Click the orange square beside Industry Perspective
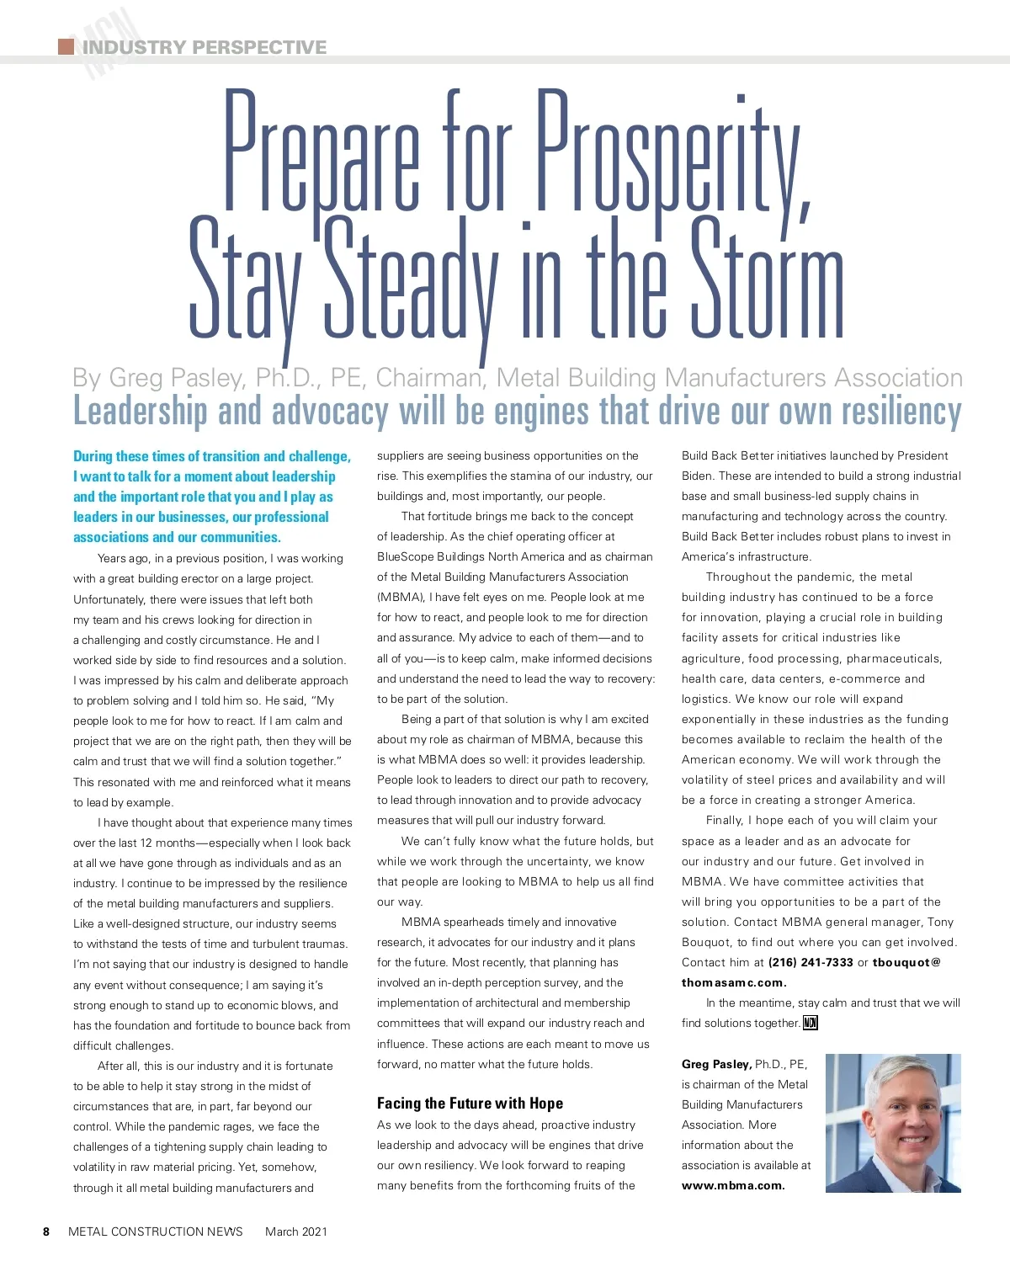(x=66, y=46)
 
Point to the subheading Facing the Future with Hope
(x=470, y=1104)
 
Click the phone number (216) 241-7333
(x=811, y=962)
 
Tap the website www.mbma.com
(x=733, y=1185)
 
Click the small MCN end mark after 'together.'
(x=811, y=1023)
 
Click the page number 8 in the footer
(x=46, y=1231)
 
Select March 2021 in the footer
(x=296, y=1231)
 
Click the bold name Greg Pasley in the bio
(x=716, y=1064)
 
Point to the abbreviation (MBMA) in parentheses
(x=401, y=597)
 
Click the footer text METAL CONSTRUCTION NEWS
(x=156, y=1231)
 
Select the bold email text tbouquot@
(x=906, y=962)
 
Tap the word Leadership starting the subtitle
(x=140, y=412)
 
